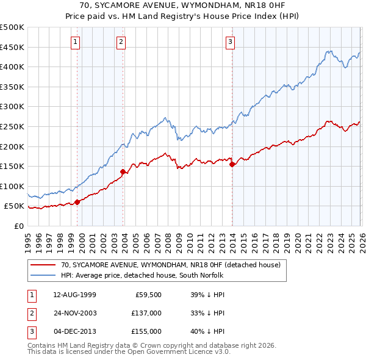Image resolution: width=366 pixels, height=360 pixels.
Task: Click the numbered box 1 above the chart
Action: click(75, 42)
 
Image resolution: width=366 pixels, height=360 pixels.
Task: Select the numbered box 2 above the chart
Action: click(121, 42)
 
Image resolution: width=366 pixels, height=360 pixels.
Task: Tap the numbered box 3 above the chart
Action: click(230, 42)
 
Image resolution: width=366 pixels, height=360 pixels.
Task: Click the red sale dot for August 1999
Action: click(77, 202)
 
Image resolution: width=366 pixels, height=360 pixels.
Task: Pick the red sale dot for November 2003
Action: click(123, 171)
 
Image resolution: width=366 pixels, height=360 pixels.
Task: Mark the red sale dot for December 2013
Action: click(232, 164)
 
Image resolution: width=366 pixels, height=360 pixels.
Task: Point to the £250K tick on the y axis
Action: click(13, 126)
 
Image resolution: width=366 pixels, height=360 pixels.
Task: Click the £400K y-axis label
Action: click(13, 67)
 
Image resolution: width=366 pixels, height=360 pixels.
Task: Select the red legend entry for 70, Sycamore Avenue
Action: click(170, 265)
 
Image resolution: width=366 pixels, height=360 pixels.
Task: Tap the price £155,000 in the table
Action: click(146, 331)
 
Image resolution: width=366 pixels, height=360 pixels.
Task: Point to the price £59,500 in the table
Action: click(148, 295)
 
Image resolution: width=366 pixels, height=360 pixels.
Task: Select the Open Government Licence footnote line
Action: click(129, 352)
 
